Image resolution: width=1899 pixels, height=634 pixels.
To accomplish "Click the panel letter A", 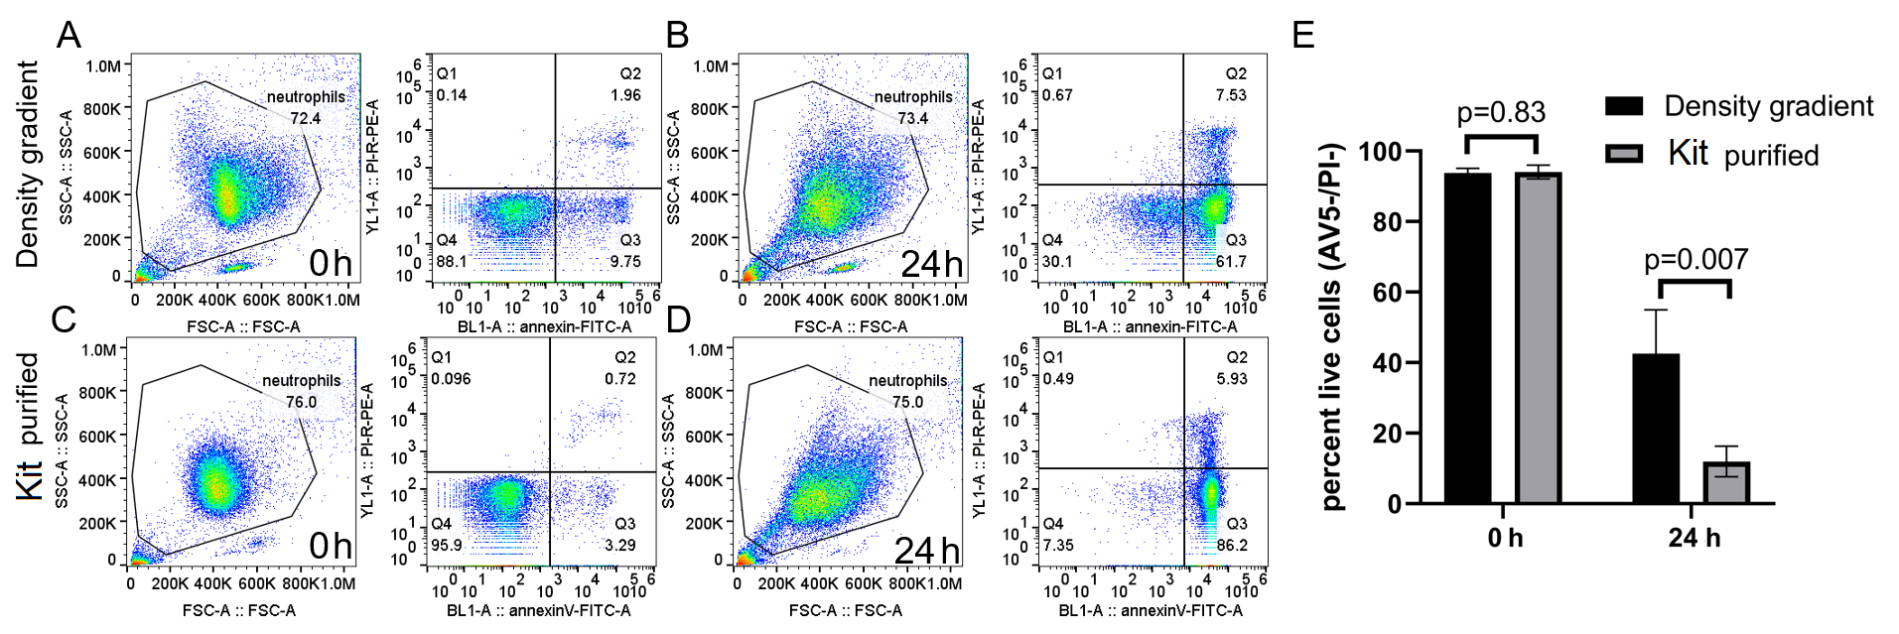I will (68, 35).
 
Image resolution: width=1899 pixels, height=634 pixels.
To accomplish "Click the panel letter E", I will (1303, 35).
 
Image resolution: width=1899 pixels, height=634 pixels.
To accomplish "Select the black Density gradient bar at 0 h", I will (1467, 338).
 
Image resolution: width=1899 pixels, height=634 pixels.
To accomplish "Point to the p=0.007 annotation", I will (1696, 260).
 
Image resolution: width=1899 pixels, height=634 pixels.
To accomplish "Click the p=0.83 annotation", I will (1501, 112).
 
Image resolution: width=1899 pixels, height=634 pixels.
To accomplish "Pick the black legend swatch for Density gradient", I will (1624, 106).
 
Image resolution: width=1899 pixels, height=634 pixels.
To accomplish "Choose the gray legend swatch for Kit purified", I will (1624, 154).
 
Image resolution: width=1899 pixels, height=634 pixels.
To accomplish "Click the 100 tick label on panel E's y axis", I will (1380, 152).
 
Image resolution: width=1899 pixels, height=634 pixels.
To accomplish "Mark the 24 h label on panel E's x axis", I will (1694, 538).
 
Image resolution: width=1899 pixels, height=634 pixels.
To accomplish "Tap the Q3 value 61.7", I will (1231, 262).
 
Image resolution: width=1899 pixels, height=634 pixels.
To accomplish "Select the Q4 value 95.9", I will (447, 545).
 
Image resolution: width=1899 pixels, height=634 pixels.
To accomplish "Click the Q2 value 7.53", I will (1231, 95).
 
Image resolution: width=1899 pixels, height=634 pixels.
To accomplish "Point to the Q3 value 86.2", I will (1231, 545).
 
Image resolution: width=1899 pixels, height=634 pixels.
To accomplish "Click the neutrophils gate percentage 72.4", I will (305, 118).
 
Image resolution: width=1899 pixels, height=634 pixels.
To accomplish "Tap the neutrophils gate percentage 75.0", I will (907, 402).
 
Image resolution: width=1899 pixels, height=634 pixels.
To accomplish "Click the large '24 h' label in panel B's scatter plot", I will (931, 264).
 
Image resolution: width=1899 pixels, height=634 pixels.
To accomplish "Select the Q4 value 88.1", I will (452, 262).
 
